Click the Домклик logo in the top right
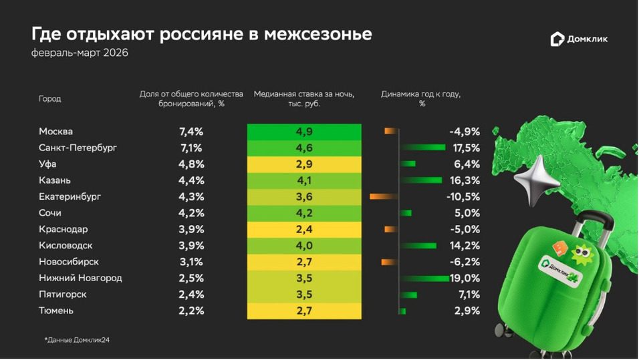(579, 39)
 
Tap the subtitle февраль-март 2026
(80, 53)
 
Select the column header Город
(50, 99)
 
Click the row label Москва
(56, 132)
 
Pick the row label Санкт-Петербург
(78, 148)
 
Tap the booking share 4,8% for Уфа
(187, 164)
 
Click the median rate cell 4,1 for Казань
(304, 180)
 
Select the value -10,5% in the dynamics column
(463, 197)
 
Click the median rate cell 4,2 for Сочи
(304, 213)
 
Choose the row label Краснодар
(63, 229)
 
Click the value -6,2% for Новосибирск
(465, 262)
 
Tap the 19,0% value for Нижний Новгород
(465, 279)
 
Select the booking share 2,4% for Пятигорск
(187, 295)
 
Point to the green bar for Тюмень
(402, 311)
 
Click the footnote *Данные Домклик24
(77, 340)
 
